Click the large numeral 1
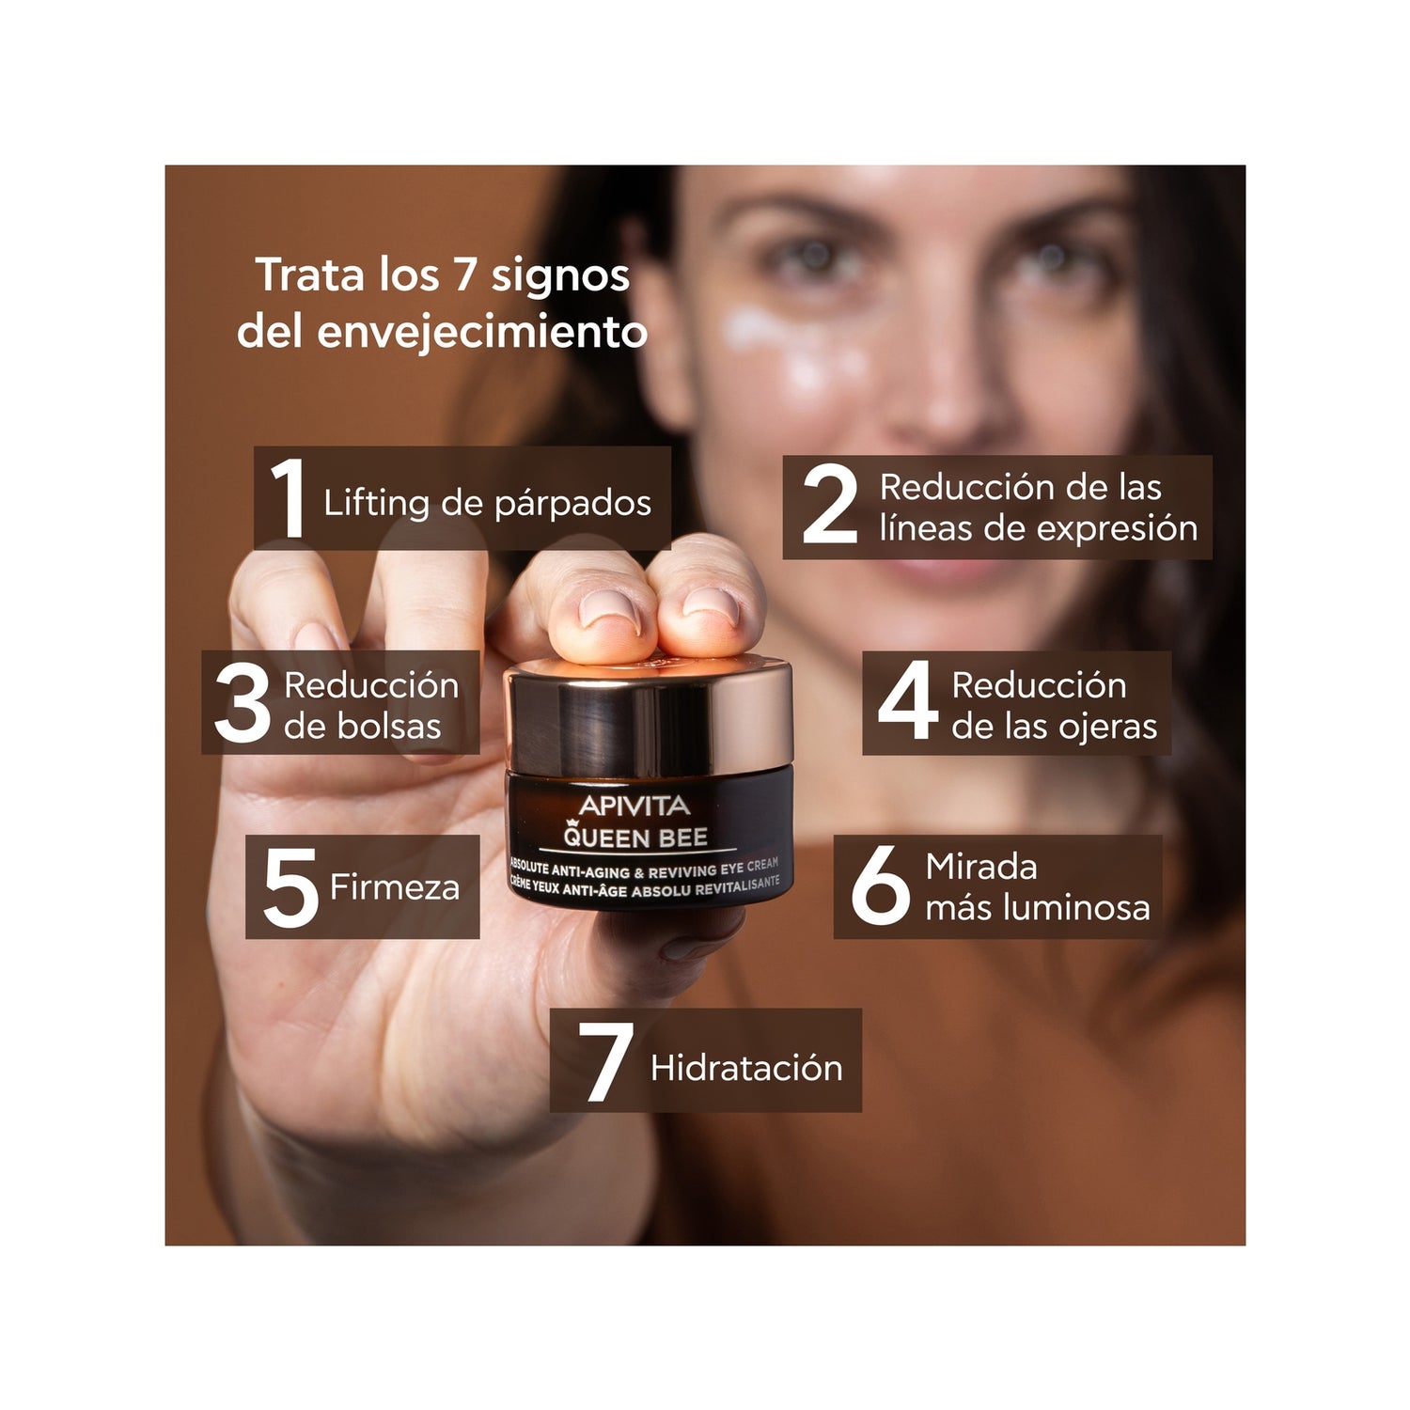point(289,500)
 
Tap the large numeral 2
point(830,506)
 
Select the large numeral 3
point(243,704)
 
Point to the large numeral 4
point(907,701)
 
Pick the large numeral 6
point(881,886)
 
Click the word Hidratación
point(746,1068)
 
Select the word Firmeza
point(395,887)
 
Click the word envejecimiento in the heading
point(482,333)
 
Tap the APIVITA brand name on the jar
point(634,806)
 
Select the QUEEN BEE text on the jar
point(635,836)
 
